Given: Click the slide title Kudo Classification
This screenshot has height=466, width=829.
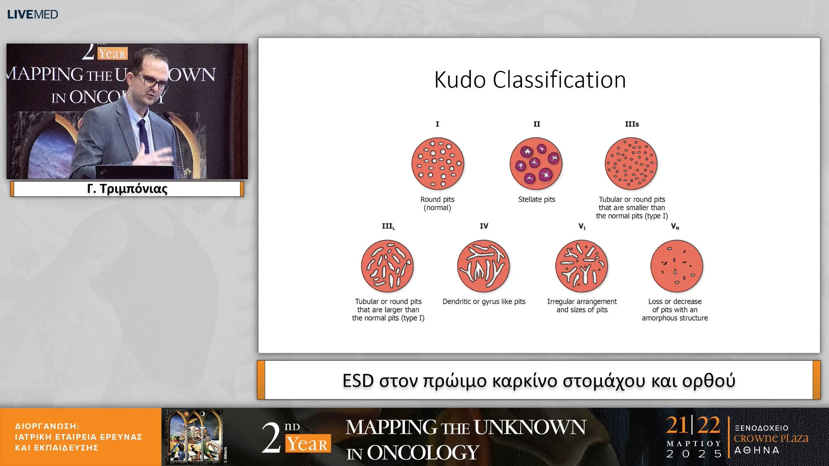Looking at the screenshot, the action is click(530, 80).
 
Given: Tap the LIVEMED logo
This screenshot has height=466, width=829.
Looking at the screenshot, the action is click(32, 14).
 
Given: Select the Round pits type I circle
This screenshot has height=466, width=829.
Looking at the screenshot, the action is click(438, 164).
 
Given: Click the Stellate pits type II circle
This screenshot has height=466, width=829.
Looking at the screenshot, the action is click(536, 164).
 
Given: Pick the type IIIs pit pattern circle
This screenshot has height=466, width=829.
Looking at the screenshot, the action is click(631, 164).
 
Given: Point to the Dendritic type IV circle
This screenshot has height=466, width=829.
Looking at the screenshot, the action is click(484, 266).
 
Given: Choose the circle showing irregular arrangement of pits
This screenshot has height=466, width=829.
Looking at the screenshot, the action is click(582, 266).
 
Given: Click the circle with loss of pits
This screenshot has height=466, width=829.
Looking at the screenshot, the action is click(677, 266).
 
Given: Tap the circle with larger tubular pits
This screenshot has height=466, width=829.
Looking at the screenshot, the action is click(387, 266).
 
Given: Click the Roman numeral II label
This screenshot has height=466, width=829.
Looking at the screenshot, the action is click(537, 124).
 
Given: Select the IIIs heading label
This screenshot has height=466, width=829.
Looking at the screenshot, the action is click(632, 124).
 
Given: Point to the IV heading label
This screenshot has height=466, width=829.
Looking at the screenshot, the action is click(484, 226).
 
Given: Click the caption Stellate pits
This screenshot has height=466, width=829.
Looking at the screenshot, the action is click(537, 199).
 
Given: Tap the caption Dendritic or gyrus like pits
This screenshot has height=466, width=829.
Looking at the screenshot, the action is click(484, 302).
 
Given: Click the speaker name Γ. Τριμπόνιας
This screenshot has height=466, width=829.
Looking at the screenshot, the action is click(127, 189).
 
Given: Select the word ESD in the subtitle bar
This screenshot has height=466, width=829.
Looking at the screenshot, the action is click(358, 381).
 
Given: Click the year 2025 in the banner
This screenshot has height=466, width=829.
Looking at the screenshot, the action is click(694, 454).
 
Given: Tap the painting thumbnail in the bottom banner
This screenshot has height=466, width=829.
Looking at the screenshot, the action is click(195, 436).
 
